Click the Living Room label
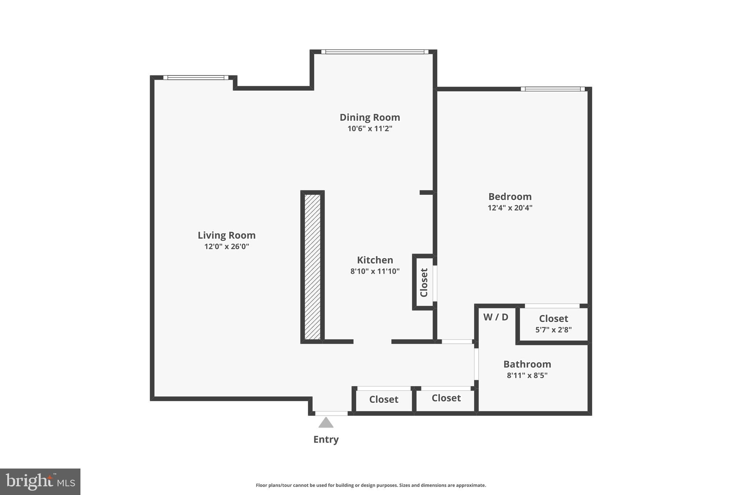click(226, 235)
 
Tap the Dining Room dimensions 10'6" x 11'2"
click(370, 128)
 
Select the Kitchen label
click(375, 260)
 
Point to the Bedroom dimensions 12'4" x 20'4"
click(510, 208)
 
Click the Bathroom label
click(527, 364)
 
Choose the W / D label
click(496, 317)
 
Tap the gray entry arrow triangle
click(326, 423)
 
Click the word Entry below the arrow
click(326, 440)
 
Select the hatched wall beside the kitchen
click(312, 267)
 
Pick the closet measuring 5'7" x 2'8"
click(553, 324)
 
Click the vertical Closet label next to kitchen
click(424, 282)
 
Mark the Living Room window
click(196, 78)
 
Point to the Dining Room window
click(375, 52)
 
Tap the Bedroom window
click(553, 89)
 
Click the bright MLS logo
click(40, 482)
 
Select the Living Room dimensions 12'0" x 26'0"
click(226, 247)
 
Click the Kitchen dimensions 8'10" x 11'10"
click(375, 271)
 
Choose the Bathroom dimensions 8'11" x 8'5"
click(527, 375)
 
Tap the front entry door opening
click(331, 413)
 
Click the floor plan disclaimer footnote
click(371, 485)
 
